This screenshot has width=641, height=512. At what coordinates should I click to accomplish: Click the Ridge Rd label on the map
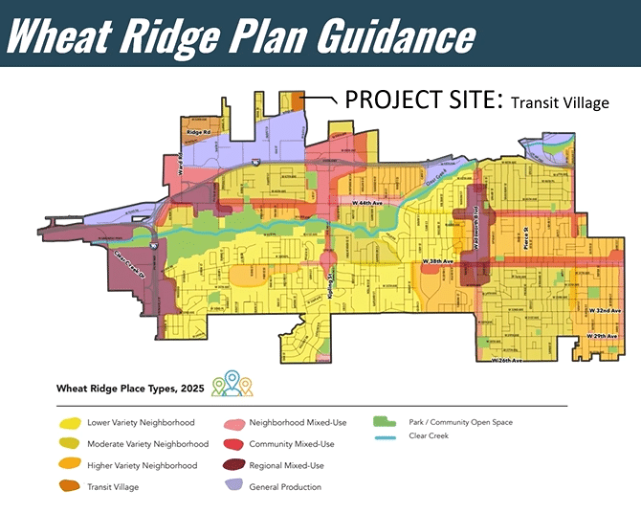pyautogui.click(x=198, y=131)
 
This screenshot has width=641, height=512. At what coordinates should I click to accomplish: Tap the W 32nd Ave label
pyautogui.click(x=606, y=312)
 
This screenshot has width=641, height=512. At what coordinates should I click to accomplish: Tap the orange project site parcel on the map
pyautogui.click(x=296, y=100)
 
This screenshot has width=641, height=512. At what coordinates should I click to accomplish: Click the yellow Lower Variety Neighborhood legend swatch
pyautogui.click(x=68, y=422)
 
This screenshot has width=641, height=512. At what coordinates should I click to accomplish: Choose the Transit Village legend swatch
pyautogui.click(x=68, y=486)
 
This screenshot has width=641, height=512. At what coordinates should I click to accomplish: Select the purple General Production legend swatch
pyautogui.click(x=233, y=486)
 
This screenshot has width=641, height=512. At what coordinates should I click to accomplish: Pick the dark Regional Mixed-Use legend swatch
pyautogui.click(x=233, y=465)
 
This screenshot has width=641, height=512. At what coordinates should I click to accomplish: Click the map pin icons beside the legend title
pyautogui.click(x=232, y=384)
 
